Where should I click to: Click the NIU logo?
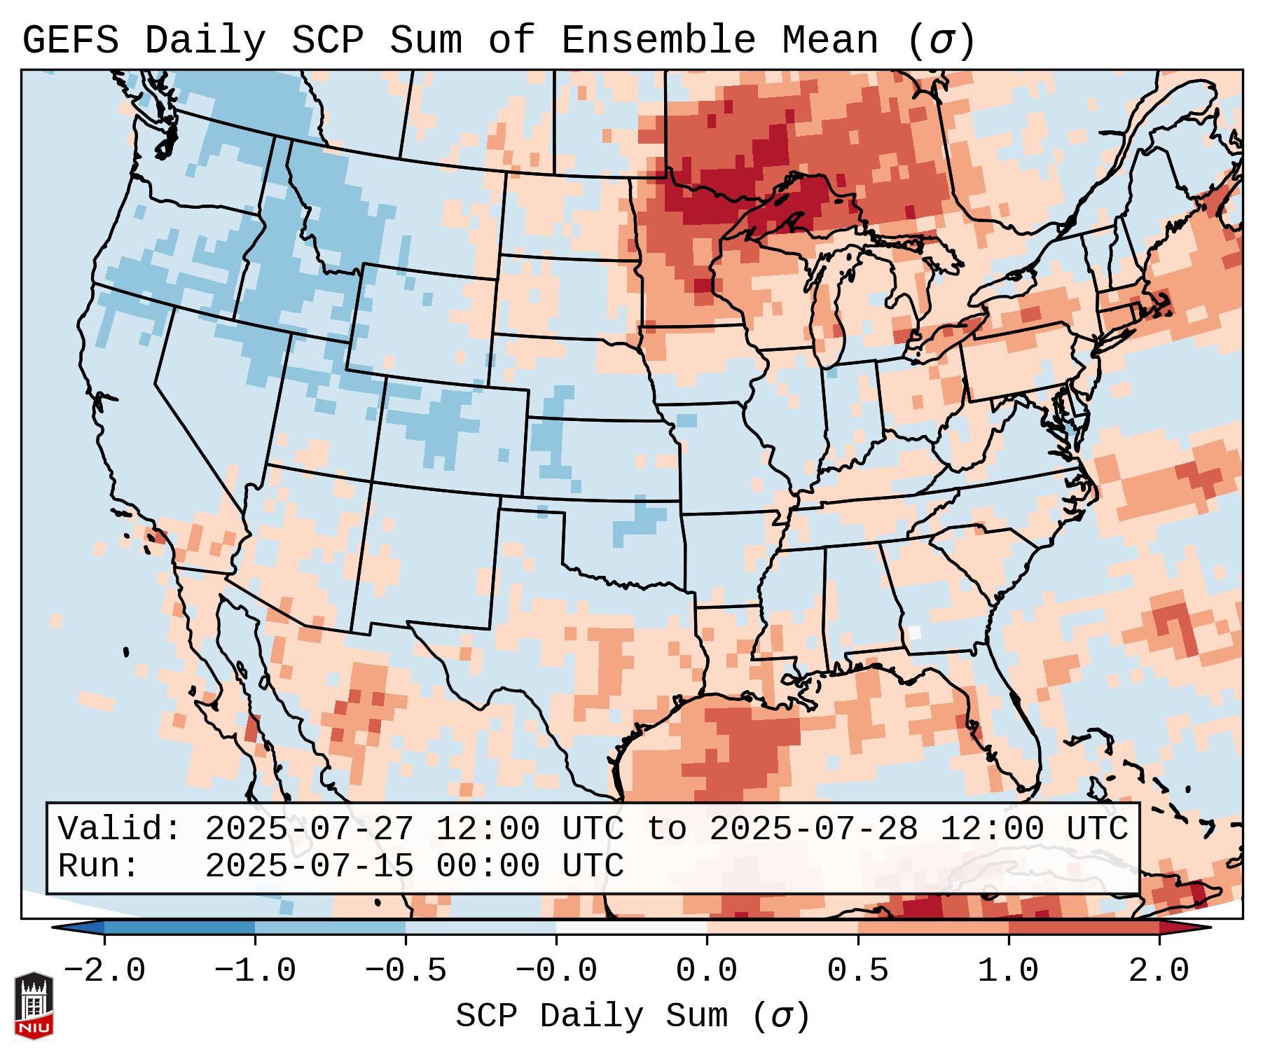point(34,1005)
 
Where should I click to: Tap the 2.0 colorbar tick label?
point(1159,971)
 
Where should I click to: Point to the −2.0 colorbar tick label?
point(104,971)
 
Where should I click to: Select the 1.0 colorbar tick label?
point(1008,971)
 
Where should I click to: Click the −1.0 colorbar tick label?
point(255,971)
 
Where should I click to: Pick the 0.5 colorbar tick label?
point(857,971)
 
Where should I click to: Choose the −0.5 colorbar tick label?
point(406,971)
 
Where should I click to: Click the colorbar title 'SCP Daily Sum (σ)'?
point(633,1016)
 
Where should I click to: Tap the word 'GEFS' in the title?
point(70,40)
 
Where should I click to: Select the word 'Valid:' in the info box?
point(120,829)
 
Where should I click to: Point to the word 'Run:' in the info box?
point(98,867)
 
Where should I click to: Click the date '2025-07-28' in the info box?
point(813,829)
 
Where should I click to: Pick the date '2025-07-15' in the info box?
point(309,867)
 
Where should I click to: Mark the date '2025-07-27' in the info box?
point(309,829)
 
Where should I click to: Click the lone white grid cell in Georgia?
point(914,631)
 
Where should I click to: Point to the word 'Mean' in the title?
point(829,40)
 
